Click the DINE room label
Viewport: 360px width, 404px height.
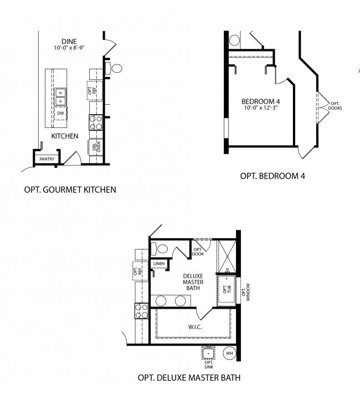coord(69,41)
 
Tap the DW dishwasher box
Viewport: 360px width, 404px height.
coord(60,113)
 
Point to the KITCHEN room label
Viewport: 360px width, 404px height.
coord(65,136)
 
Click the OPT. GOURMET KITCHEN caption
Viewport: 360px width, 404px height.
coord(70,190)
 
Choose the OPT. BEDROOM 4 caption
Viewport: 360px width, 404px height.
coord(272,176)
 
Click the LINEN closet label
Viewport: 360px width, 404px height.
coord(159,263)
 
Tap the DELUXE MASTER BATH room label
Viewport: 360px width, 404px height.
coord(193,282)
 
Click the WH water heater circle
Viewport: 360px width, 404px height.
coord(229,352)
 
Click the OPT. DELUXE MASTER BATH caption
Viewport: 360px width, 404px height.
coord(189,379)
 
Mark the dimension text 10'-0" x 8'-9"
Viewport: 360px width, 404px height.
coord(69,48)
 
